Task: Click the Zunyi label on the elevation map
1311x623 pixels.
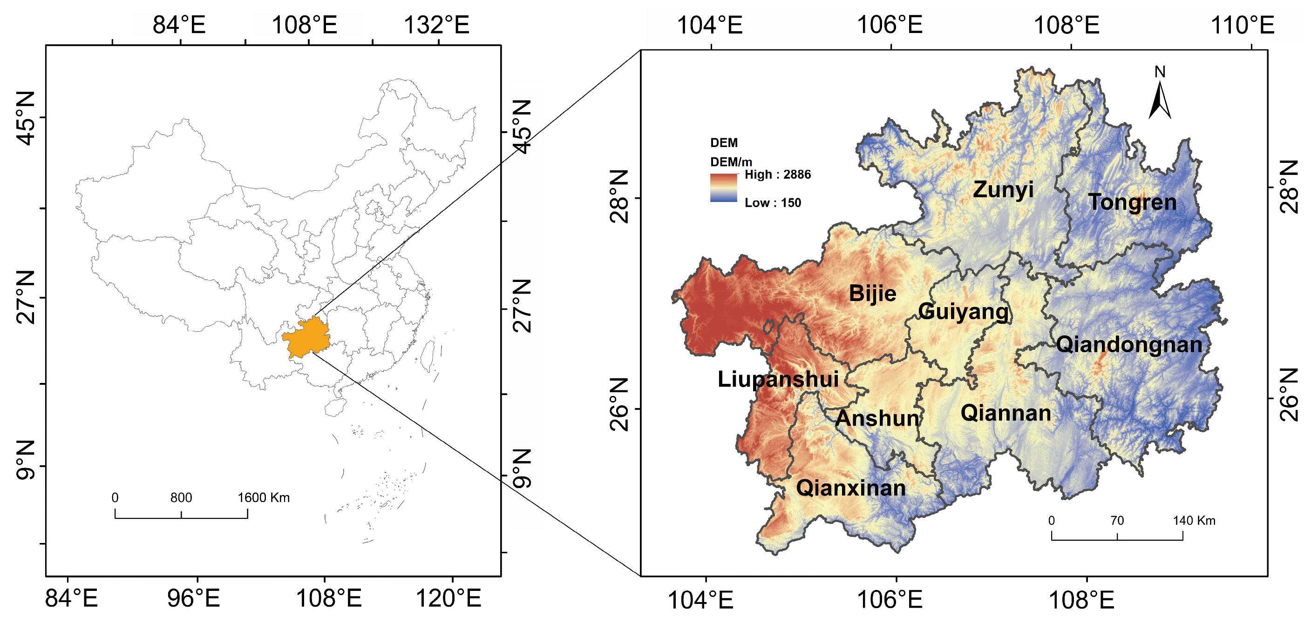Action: (1003, 190)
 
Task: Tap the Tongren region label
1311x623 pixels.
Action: (1132, 202)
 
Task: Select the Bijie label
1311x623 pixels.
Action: (872, 294)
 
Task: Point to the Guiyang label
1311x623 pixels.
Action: (963, 311)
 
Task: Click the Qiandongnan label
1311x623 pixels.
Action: (1129, 345)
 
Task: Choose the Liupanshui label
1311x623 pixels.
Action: (778, 379)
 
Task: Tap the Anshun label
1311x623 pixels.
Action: (878, 418)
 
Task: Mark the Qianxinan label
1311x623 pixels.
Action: (851, 488)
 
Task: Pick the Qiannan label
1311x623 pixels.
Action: (1005, 413)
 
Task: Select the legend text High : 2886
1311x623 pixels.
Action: (778, 175)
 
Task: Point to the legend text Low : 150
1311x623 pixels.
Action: (773, 203)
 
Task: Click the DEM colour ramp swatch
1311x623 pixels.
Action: (723, 188)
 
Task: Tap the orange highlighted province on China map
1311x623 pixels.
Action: (307, 337)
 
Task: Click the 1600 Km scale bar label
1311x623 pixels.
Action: (264, 497)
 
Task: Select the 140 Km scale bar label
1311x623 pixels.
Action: (1194, 520)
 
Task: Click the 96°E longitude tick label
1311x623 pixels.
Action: (193, 598)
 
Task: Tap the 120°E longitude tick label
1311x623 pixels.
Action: (448, 598)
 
